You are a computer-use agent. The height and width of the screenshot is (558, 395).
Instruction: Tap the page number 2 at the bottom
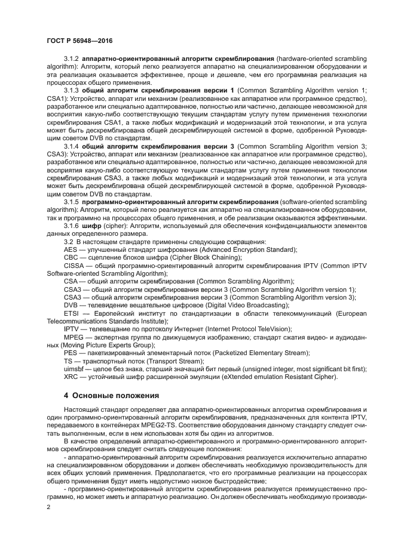(49, 506)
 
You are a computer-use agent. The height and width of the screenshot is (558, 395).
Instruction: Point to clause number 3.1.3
(72, 90)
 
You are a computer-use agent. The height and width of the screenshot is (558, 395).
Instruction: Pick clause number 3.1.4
(72, 145)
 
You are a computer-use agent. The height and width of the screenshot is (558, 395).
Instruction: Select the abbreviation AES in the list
(71, 249)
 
